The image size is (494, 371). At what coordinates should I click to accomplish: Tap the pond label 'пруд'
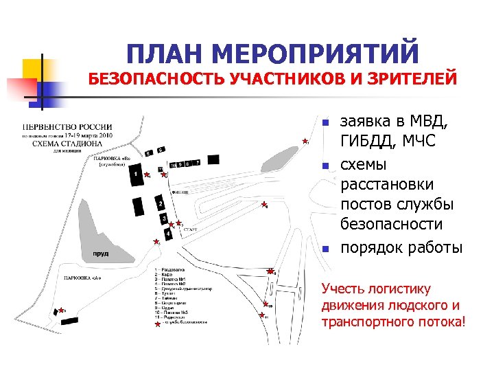[100, 253]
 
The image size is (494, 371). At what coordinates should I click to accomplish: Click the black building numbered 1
[137, 177]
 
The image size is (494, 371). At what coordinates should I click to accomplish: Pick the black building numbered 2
[160, 204]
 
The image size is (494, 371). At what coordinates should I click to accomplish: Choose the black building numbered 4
[168, 234]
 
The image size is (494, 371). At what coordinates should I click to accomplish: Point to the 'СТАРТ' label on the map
[191, 228]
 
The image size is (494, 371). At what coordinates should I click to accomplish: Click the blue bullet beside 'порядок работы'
[326, 248]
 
